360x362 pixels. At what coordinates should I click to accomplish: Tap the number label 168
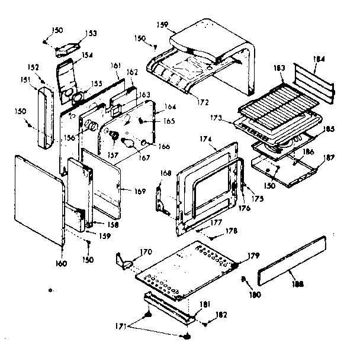[x=166, y=173]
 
